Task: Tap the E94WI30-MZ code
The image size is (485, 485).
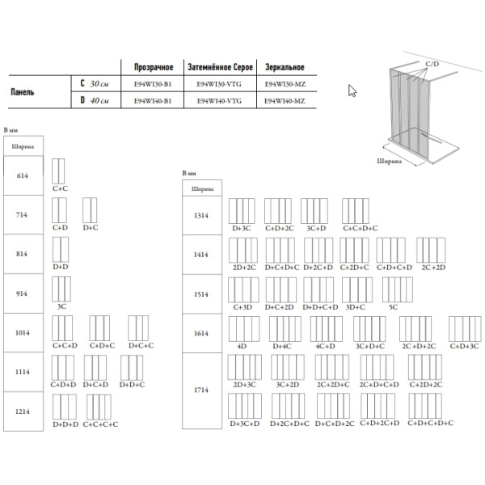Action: (x=285, y=82)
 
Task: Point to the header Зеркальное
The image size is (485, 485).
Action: (x=284, y=65)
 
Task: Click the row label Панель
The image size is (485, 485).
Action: (x=22, y=91)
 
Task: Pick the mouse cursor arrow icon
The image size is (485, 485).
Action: (x=352, y=91)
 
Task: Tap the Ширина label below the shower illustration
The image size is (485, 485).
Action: (x=390, y=161)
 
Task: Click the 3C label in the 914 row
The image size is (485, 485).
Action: (x=61, y=307)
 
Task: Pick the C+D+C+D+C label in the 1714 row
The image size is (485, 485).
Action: (x=430, y=423)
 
